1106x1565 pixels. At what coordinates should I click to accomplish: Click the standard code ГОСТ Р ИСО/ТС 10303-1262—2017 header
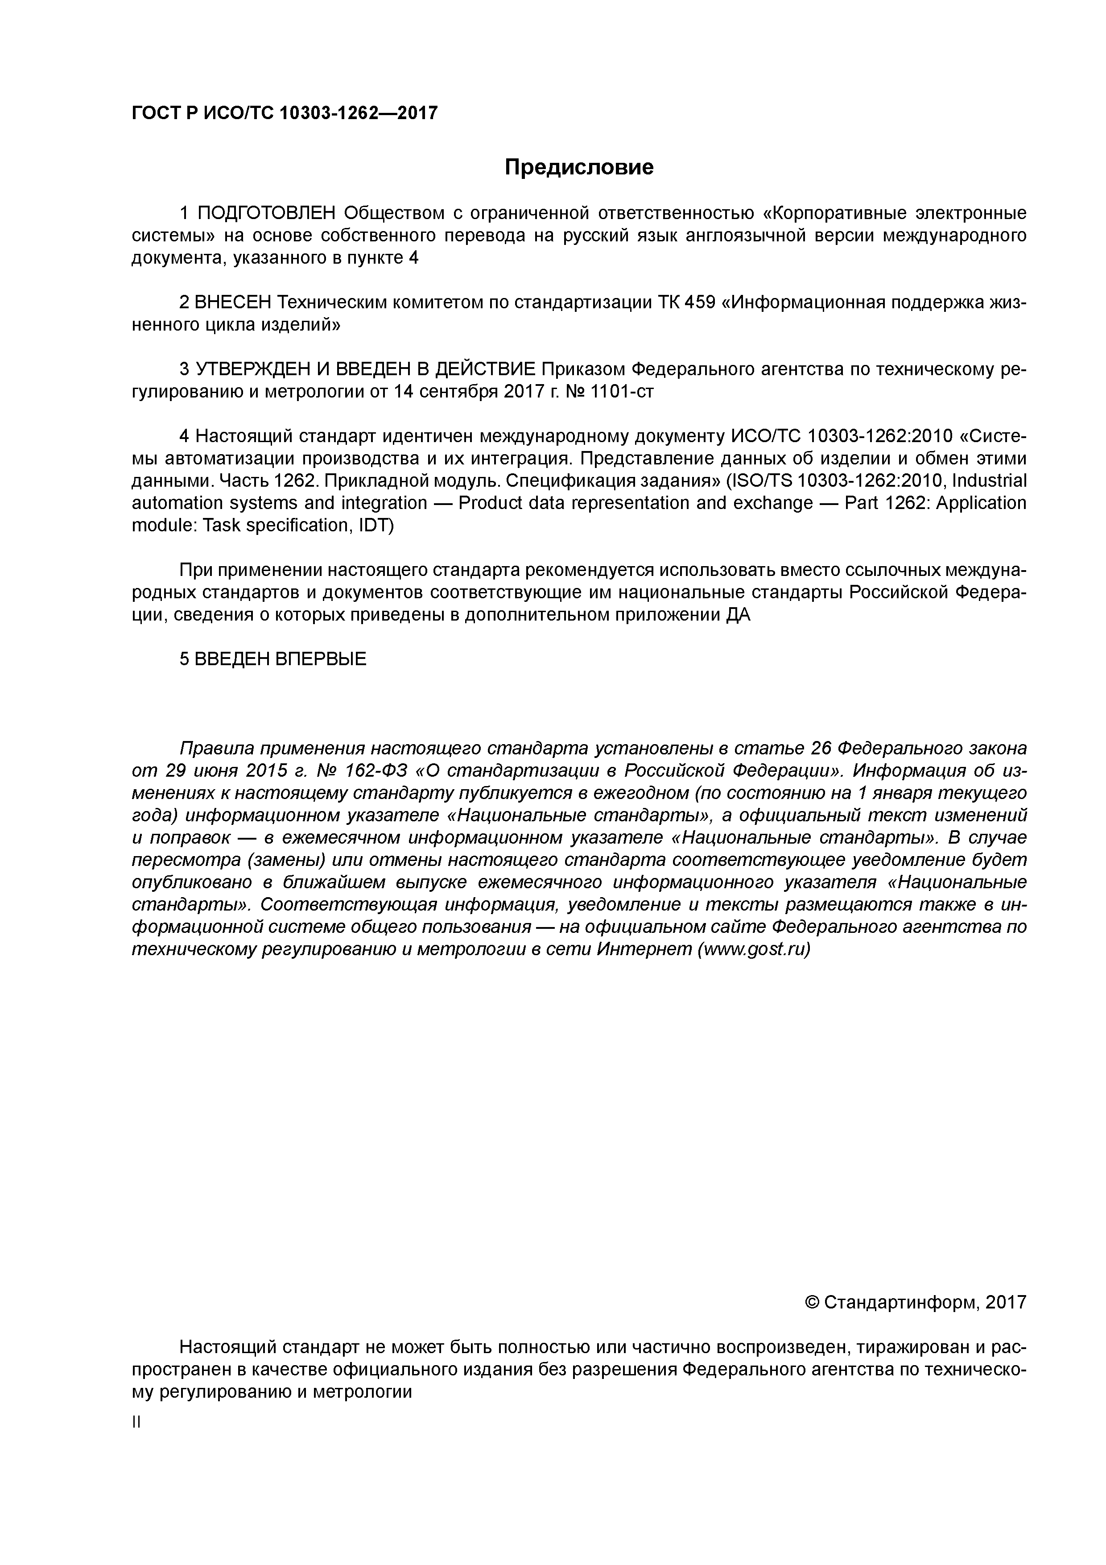click(x=284, y=113)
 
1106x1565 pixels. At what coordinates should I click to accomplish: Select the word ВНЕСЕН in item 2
click(x=233, y=302)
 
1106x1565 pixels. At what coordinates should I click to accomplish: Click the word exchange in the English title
click(x=771, y=503)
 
